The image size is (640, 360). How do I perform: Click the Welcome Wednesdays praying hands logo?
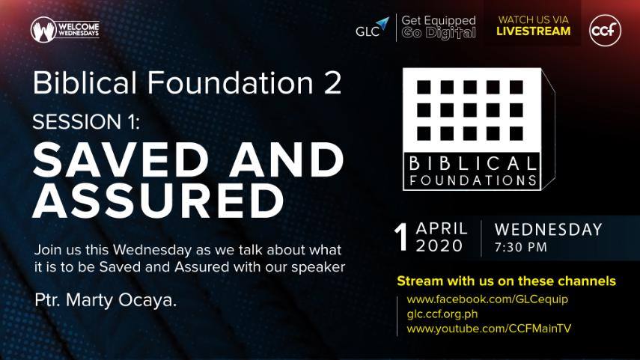pyautogui.click(x=43, y=30)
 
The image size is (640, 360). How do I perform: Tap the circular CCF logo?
pyautogui.click(x=605, y=30)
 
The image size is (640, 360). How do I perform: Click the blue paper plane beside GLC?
pyautogui.click(x=383, y=24)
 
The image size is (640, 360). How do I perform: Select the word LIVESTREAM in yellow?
pyautogui.click(x=533, y=31)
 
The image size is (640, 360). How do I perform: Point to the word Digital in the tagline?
pyautogui.click(x=451, y=33)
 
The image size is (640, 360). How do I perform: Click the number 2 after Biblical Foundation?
pyautogui.click(x=332, y=83)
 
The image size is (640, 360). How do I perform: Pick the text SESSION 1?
pyautogui.click(x=86, y=122)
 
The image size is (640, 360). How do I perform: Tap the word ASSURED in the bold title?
pyautogui.click(x=159, y=201)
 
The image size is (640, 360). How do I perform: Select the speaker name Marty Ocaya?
pyautogui.click(x=121, y=300)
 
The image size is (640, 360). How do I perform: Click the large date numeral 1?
pyautogui.click(x=401, y=237)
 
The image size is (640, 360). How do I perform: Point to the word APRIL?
pyautogui.click(x=442, y=228)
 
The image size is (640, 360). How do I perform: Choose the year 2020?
pyautogui.click(x=439, y=245)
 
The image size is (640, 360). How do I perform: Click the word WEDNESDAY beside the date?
pyautogui.click(x=548, y=230)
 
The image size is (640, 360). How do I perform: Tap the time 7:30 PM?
pyautogui.click(x=520, y=247)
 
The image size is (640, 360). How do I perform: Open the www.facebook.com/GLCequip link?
pyautogui.click(x=487, y=299)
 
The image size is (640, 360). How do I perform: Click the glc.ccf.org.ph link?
pyautogui.click(x=442, y=314)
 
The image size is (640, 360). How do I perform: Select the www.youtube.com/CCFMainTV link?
pyautogui.click(x=489, y=329)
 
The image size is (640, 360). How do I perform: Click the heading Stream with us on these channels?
pyautogui.click(x=506, y=281)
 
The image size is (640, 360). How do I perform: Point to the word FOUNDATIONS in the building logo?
pyautogui.click(x=472, y=180)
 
